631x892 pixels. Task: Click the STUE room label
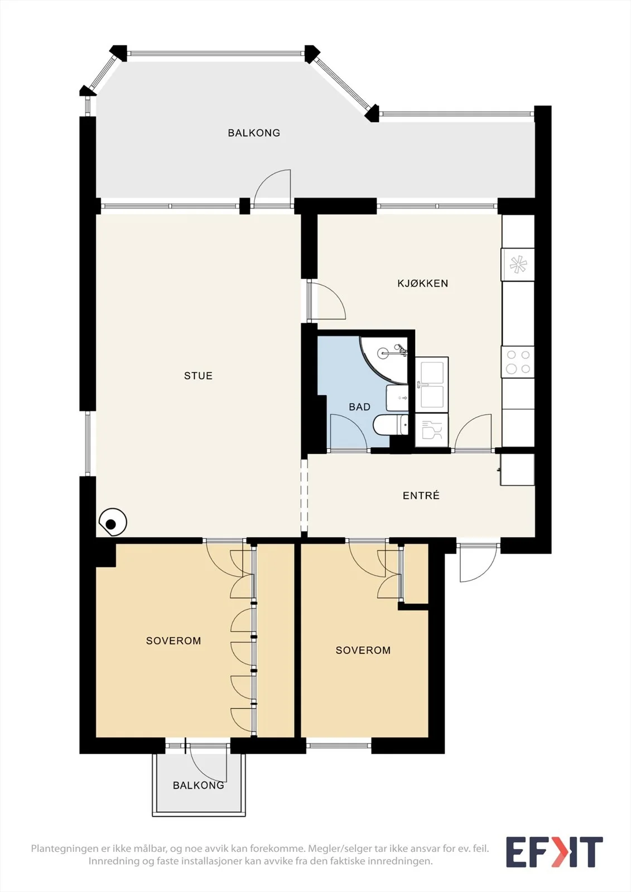[x=198, y=376]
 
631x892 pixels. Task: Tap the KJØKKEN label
[x=422, y=283]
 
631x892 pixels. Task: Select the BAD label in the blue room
[x=359, y=406]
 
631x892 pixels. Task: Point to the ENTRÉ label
[x=421, y=496]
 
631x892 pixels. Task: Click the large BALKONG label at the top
[x=254, y=133]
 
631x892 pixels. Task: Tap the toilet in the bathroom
[x=391, y=425]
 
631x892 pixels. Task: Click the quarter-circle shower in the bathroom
[x=384, y=360]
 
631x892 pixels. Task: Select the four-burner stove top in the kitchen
[x=518, y=362]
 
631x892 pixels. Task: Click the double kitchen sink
[x=432, y=384]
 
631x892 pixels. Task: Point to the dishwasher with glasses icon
[x=432, y=430]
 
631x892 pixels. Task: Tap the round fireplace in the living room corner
[x=113, y=522]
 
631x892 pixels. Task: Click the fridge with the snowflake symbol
[x=518, y=264]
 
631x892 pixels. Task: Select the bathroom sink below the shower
[x=397, y=398]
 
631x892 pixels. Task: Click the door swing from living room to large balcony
[x=273, y=188]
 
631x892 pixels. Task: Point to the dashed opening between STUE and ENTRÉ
[x=304, y=495]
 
